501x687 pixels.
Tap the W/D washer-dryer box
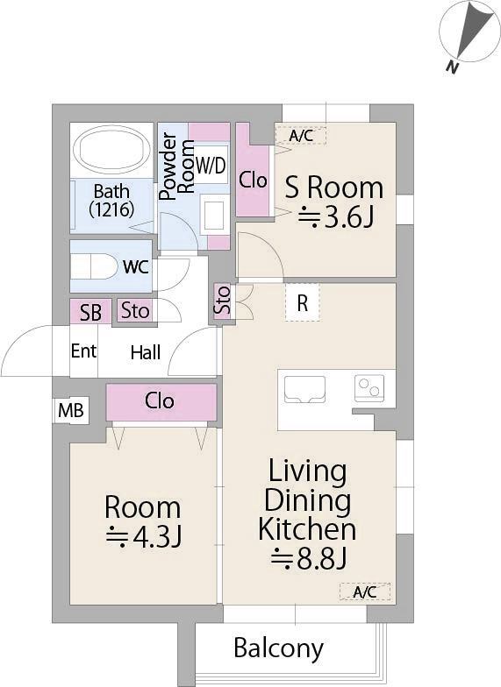[x=211, y=165]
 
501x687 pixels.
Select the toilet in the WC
[x=94, y=266]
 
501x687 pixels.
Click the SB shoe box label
[x=91, y=312]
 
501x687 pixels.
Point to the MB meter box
[x=71, y=410]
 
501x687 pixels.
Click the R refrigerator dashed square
[x=302, y=303]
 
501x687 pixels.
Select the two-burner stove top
[x=369, y=387]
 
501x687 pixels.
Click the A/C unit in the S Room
[x=300, y=135]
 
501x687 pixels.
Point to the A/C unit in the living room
[x=365, y=592]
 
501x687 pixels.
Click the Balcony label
[x=279, y=648]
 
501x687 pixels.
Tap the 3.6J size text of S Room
[x=336, y=217]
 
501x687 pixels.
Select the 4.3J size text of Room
[x=144, y=536]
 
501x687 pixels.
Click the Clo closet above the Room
[x=161, y=402]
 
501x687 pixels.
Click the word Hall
[x=146, y=352]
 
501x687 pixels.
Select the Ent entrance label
[x=83, y=351]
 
